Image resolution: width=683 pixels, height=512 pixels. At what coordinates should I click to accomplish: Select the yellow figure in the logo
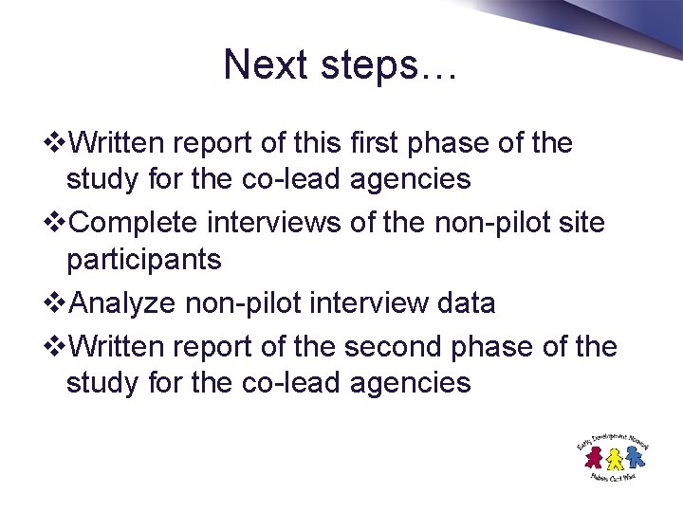point(614,458)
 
